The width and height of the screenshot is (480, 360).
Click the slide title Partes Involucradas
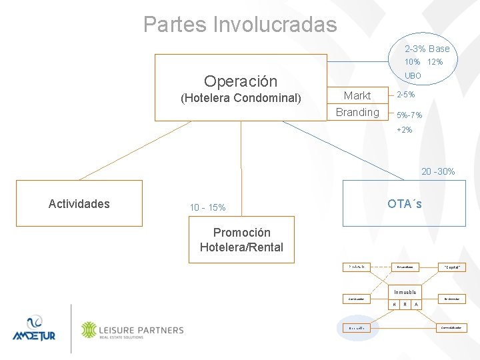(x=240, y=25)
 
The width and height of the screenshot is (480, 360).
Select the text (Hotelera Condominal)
(x=241, y=99)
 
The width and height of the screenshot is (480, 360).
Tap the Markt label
(x=357, y=95)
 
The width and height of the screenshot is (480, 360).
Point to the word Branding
(x=357, y=112)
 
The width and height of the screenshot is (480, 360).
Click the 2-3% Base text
(x=427, y=49)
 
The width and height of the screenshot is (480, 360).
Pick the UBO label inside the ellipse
(x=413, y=76)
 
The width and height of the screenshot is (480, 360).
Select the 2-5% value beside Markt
(x=406, y=95)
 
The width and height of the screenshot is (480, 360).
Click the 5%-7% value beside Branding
(x=409, y=115)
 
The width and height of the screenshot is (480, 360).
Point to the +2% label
(x=405, y=129)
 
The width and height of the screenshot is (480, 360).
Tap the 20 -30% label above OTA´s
(x=438, y=171)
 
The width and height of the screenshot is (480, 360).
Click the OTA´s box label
(x=405, y=203)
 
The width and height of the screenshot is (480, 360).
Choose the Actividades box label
(x=79, y=204)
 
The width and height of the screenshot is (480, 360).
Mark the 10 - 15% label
(x=207, y=207)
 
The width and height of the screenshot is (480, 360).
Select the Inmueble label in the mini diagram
(x=405, y=292)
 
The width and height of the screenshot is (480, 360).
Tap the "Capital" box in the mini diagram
(x=451, y=267)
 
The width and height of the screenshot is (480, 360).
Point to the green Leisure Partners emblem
(x=89, y=330)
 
